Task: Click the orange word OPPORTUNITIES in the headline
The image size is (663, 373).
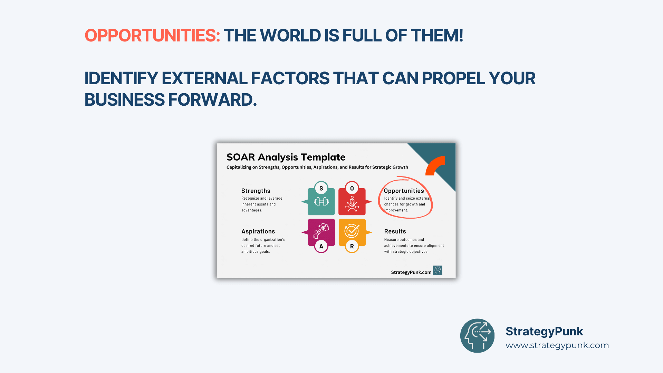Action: click(152, 36)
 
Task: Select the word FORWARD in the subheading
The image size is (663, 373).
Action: click(212, 100)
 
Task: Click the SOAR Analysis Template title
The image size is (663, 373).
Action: click(286, 157)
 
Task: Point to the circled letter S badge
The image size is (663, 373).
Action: click(321, 188)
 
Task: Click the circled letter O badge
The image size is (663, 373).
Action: click(352, 188)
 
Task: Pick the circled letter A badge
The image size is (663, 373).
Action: click(321, 246)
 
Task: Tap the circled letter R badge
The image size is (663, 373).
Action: click(352, 246)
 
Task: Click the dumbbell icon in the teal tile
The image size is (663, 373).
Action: click(321, 202)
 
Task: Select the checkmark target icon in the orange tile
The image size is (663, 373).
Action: click(352, 231)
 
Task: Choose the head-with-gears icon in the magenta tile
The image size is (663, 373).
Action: click(321, 231)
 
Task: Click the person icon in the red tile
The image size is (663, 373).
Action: click(352, 203)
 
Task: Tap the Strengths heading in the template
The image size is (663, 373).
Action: click(256, 191)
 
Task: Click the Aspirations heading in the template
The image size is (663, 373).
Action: click(258, 231)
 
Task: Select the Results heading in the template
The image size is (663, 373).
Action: click(395, 231)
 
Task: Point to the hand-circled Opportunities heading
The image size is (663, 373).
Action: click(404, 191)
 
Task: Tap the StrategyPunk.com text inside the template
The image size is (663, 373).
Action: click(411, 272)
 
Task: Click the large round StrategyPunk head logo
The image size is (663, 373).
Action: click(477, 336)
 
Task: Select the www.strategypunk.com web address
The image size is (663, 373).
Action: click(557, 345)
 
